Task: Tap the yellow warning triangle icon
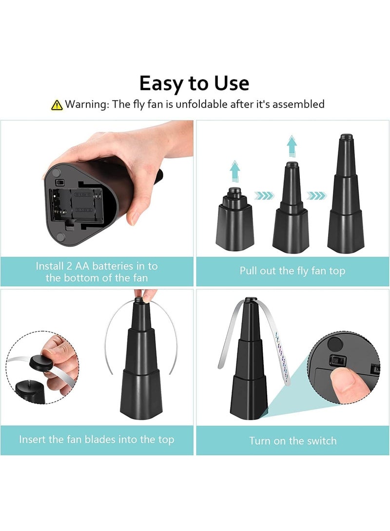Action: pos(57,104)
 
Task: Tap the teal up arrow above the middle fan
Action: pos(292,146)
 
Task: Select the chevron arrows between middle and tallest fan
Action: pos(317,196)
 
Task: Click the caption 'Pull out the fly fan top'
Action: pos(292,271)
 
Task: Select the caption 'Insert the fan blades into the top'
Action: pos(97,439)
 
